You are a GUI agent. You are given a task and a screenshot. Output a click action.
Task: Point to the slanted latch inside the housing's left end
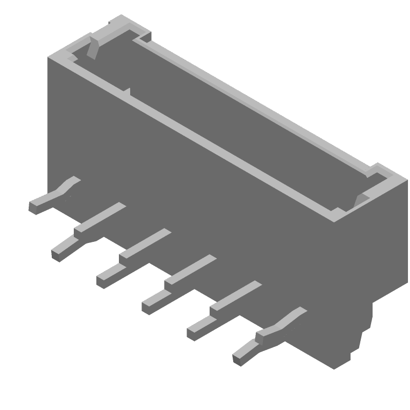tap(94, 46)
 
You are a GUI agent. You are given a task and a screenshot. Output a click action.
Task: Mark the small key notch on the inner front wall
tap(127, 92)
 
